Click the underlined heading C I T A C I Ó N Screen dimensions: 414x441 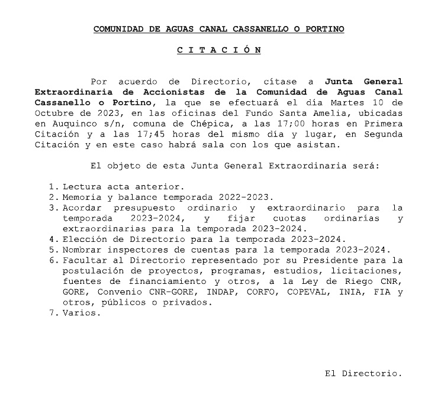[219, 50]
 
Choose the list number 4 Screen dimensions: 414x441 [53, 240]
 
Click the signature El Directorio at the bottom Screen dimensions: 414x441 [363, 374]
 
